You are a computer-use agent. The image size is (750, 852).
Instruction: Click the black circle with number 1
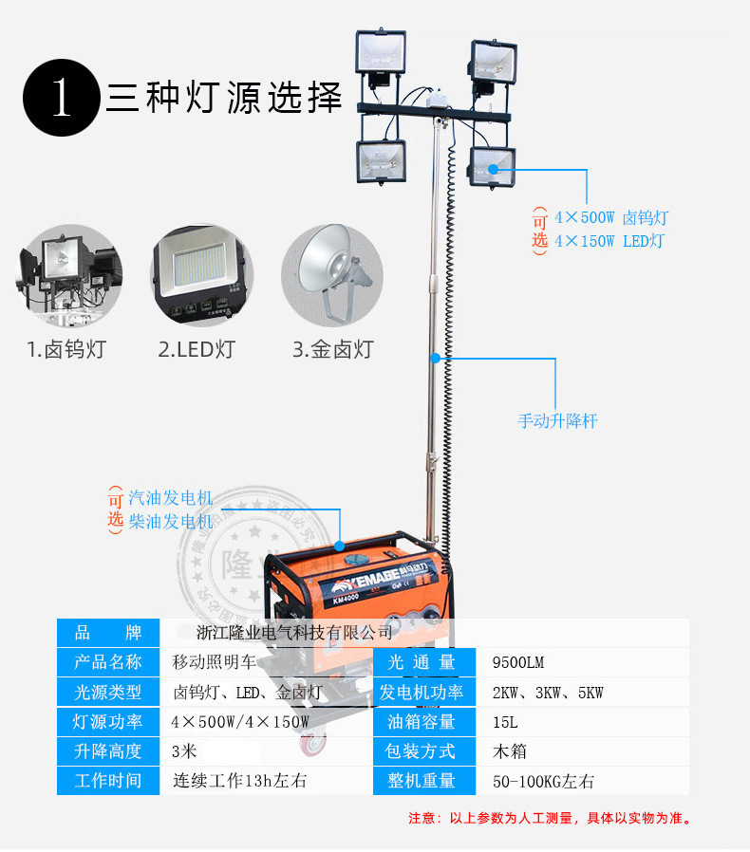pyautogui.click(x=62, y=99)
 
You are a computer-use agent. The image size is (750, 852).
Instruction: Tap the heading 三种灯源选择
pyautogui.click(x=223, y=99)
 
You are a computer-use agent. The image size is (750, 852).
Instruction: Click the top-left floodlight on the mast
pyautogui.click(x=381, y=55)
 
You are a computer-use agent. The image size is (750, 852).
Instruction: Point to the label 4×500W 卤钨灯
pyautogui.click(x=611, y=217)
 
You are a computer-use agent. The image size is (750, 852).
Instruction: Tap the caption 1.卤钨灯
pyautogui.click(x=66, y=349)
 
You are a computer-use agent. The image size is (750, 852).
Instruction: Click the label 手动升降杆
pyautogui.click(x=557, y=420)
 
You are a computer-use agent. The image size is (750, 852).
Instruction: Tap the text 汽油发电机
pyautogui.click(x=171, y=498)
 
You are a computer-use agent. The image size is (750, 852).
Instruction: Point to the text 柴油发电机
pyautogui.click(x=171, y=521)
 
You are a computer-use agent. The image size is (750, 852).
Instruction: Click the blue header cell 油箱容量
pyautogui.click(x=422, y=721)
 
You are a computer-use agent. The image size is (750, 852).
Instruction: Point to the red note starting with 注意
pyautogui.click(x=550, y=818)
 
